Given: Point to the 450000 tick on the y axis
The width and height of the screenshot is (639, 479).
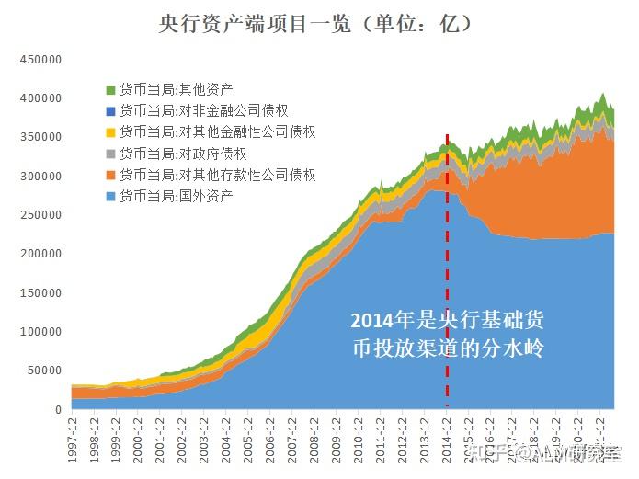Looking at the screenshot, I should (40, 59).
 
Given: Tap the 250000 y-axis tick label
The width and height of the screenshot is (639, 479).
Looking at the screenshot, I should (40, 215).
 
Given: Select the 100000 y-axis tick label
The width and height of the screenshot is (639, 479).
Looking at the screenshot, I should (40, 332).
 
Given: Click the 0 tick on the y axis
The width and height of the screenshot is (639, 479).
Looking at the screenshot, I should (57, 410).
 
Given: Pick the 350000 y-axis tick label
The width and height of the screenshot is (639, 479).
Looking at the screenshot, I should (40, 137).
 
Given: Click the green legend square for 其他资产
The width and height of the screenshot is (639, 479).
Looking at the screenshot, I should (111, 90).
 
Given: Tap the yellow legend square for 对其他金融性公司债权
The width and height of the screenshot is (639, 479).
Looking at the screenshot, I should (111, 132).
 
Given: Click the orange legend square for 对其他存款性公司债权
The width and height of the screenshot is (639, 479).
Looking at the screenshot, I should (111, 175).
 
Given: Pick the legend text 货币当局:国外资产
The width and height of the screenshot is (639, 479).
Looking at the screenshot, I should (176, 196).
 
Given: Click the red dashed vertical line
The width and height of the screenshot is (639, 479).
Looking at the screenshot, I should (448, 276).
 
